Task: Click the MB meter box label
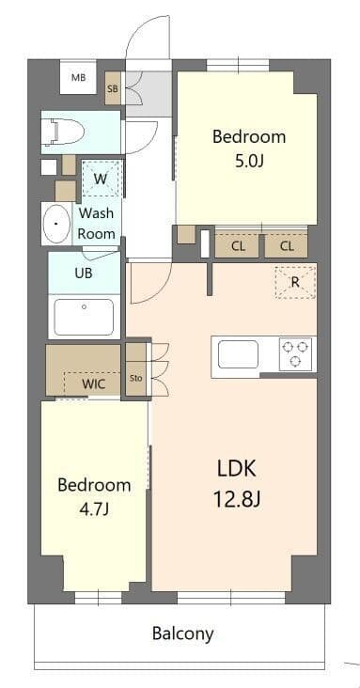point(78,78)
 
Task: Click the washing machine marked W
point(101,178)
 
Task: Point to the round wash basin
point(58,225)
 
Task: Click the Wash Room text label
point(96,223)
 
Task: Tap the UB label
point(84,274)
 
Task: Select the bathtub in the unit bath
point(84,316)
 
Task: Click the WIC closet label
point(93,383)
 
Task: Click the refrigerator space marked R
point(294,281)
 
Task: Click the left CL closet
point(238,246)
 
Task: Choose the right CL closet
point(287,246)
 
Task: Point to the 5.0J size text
point(248,161)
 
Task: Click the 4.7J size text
point(93,509)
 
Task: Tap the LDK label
point(237,468)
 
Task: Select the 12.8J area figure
point(238,498)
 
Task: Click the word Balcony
point(182,633)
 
